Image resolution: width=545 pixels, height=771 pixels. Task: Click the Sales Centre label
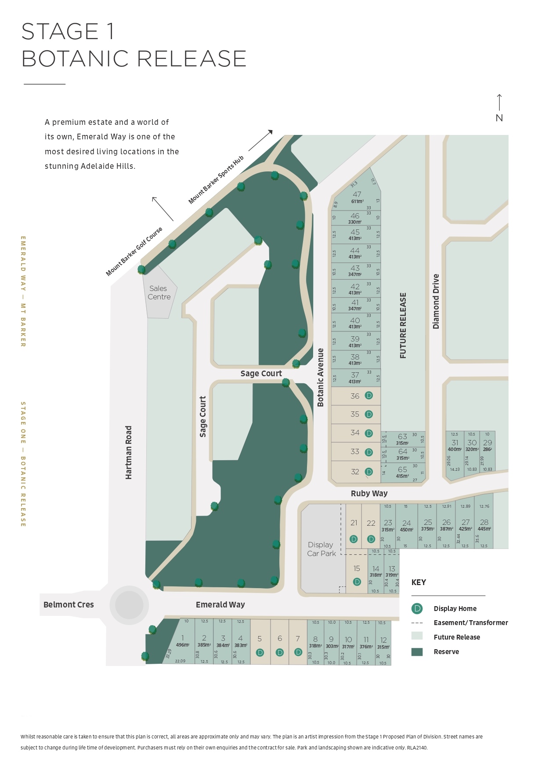click(x=159, y=293)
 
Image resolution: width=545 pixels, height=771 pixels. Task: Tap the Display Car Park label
click(x=321, y=549)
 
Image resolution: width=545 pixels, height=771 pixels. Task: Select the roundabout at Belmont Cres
click(x=129, y=605)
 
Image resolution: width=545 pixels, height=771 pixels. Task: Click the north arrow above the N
click(x=499, y=102)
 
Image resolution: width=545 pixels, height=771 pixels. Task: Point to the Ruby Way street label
click(x=369, y=493)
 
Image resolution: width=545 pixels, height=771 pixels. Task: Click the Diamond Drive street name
click(x=436, y=302)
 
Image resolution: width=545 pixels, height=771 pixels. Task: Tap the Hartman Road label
click(x=129, y=452)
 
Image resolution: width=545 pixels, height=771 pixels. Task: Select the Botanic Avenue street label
click(x=321, y=378)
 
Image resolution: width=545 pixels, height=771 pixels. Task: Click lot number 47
click(x=357, y=194)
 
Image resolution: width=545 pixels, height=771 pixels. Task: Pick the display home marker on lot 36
click(x=369, y=396)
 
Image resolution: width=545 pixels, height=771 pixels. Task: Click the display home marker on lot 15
click(x=357, y=582)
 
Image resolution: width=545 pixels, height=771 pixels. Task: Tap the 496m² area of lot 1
click(x=182, y=645)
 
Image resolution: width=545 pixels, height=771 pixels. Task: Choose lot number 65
click(x=402, y=469)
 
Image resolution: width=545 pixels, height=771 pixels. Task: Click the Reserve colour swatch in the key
click(x=417, y=651)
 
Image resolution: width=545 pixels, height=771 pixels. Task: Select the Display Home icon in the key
click(x=417, y=608)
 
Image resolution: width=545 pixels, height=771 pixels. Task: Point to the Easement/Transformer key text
click(x=470, y=622)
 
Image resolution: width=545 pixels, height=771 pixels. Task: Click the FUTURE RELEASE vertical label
click(x=403, y=326)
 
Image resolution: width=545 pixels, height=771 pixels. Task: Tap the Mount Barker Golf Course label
click(x=134, y=252)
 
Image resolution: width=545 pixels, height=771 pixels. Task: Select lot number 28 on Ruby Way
click(x=484, y=522)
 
